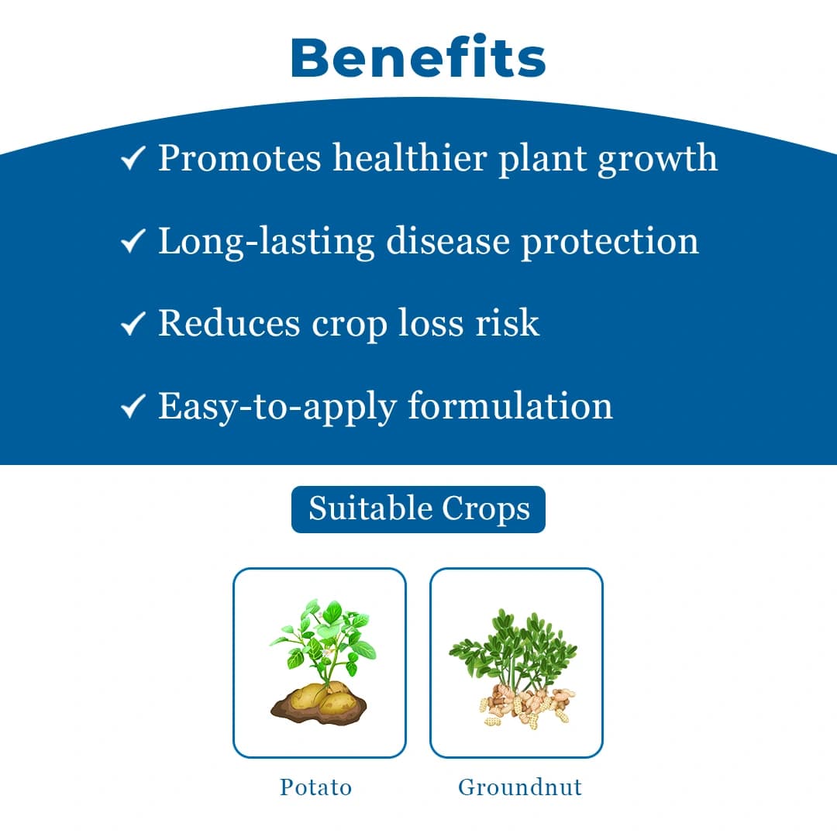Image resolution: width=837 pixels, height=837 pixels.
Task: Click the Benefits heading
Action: (x=418, y=57)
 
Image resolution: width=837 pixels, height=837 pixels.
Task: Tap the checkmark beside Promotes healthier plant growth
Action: (x=133, y=160)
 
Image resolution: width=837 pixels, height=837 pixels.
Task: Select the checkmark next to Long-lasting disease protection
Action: (x=133, y=243)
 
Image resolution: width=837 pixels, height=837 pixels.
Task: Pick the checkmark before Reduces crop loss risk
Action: (x=133, y=325)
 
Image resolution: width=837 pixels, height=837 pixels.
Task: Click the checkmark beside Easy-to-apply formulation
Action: (x=133, y=407)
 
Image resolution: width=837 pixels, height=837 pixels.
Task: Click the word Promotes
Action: (x=239, y=159)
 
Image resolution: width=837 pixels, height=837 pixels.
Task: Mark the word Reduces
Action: (x=229, y=323)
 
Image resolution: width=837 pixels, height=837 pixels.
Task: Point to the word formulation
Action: (x=510, y=405)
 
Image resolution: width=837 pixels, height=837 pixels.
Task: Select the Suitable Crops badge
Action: (x=418, y=509)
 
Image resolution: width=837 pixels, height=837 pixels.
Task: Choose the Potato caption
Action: (x=316, y=787)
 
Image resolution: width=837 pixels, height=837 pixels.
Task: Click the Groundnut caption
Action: (x=519, y=787)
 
